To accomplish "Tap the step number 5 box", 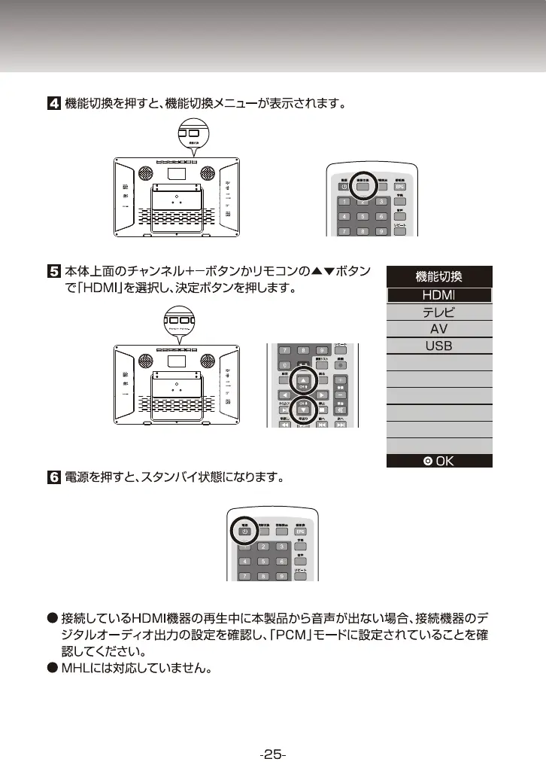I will click(53, 269).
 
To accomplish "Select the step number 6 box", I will click(53, 477).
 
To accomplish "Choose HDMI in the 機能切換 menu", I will click(438, 294).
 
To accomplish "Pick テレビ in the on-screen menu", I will click(438, 312).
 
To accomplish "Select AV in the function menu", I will click(438, 329).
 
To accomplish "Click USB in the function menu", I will click(438, 346).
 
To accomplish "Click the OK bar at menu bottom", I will click(438, 460).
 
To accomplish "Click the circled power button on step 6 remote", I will click(245, 531).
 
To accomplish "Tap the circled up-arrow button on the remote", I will click(305, 379).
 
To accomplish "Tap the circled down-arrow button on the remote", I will click(305, 410).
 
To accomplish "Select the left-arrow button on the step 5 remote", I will click(284, 395).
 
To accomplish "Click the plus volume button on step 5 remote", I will click(341, 379).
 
